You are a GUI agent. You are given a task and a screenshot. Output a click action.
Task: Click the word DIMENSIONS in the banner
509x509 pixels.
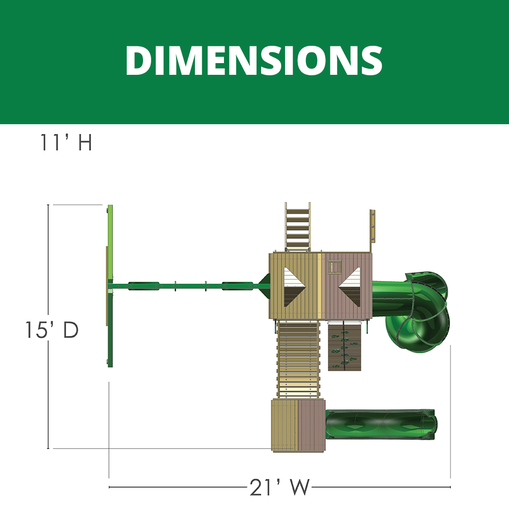point(254,61)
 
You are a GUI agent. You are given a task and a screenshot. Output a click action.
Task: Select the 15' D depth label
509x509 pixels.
point(52,330)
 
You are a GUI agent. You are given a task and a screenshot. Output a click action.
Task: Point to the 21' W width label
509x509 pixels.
point(279,487)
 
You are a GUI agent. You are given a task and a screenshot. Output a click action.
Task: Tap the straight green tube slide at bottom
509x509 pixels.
point(381,425)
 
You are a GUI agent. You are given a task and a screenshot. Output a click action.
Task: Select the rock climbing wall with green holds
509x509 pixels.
point(345,347)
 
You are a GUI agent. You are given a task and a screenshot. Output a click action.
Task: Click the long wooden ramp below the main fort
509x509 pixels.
point(298,359)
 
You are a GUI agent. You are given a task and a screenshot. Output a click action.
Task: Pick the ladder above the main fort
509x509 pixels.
point(297,227)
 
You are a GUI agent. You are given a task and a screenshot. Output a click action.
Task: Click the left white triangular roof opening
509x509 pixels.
point(294,287)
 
